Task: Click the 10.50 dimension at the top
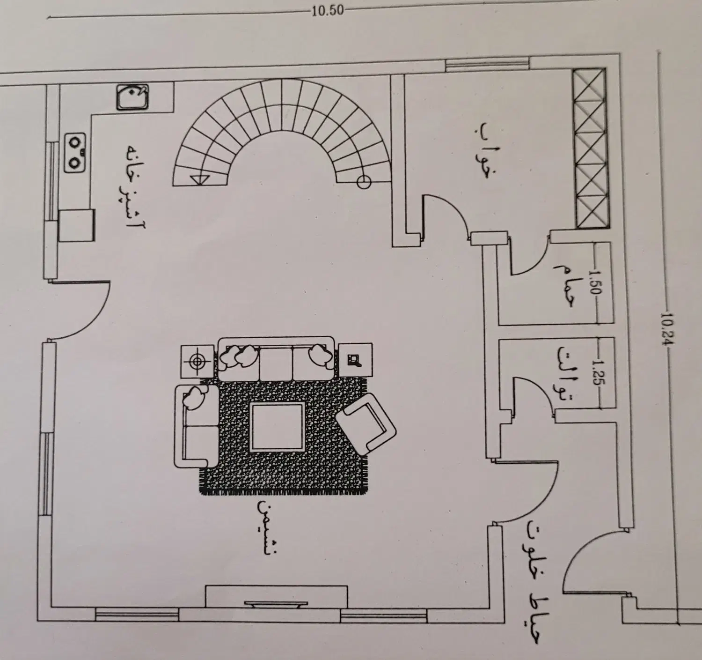tap(327, 11)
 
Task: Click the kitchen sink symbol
tap(132, 96)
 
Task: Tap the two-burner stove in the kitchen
tap(75, 153)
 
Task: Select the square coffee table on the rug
tap(277, 428)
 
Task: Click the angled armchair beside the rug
tap(366, 423)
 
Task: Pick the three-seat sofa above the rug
tap(276, 358)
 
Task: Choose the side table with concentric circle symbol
tap(197, 361)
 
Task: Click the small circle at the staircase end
tap(364, 183)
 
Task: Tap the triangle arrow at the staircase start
tap(198, 180)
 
